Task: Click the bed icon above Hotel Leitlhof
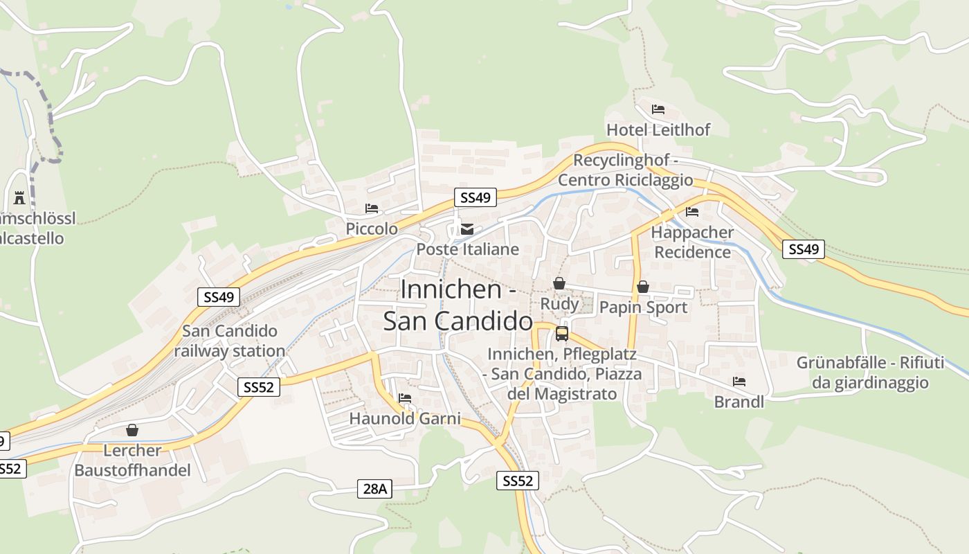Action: pyautogui.click(x=658, y=109)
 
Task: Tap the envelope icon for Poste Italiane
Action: pyautogui.click(x=468, y=229)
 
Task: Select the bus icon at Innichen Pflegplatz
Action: pyautogui.click(x=562, y=334)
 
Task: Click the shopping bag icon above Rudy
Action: pyautogui.click(x=559, y=283)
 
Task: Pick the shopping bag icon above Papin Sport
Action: pyautogui.click(x=643, y=287)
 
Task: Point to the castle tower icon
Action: pyautogui.click(x=19, y=199)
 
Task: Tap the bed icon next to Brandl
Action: pyautogui.click(x=739, y=382)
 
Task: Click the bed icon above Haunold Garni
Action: pyautogui.click(x=405, y=398)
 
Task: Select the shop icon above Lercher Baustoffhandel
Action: pyautogui.click(x=132, y=430)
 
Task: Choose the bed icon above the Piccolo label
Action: pyautogui.click(x=372, y=208)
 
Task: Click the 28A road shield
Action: pyautogui.click(x=374, y=489)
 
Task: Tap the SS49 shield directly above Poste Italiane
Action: pyautogui.click(x=475, y=197)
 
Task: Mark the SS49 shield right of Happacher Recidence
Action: pyautogui.click(x=804, y=249)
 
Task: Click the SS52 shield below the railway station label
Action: pyautogui.click(x=259, y=387)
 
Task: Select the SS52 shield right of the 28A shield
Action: pyautogui.click(x=517, y=481)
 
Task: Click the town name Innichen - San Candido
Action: pyautogui.click(x=458, y=305)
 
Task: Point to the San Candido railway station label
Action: pyautogui.click(x=229, y=341)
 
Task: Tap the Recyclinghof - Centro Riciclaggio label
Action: pyautogui.click(x=625, y=170)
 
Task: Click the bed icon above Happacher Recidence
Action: pyautogui.click(x=691, y=212)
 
